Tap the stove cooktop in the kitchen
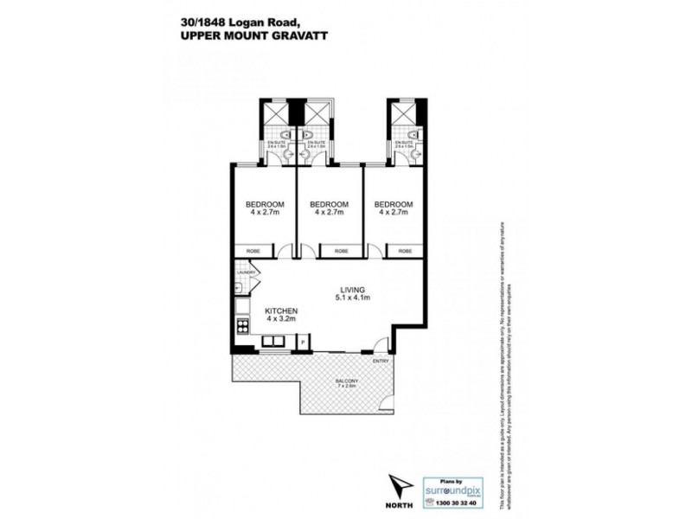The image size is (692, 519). (x=242, y=326)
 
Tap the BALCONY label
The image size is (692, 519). (x=349, y=383)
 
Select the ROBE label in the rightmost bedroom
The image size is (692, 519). (x=405, y=251)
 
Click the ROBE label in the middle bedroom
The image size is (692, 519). (x=342, y=251)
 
